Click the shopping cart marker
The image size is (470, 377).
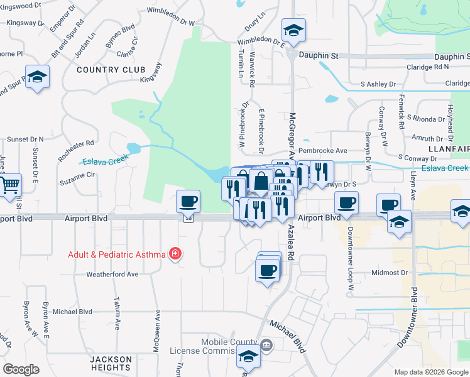pos(9,186)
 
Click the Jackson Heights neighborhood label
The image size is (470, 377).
pos(111,364)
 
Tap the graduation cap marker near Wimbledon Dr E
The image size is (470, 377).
pos(293,30)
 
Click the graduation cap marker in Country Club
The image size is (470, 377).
pos(37,77)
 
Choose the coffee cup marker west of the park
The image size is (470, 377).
pos(188,202)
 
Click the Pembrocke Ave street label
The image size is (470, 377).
pos(322,151)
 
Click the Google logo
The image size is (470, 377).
pos(21,369)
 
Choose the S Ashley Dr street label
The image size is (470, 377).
pos(378,84)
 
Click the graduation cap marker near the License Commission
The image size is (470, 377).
pos(249,358)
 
